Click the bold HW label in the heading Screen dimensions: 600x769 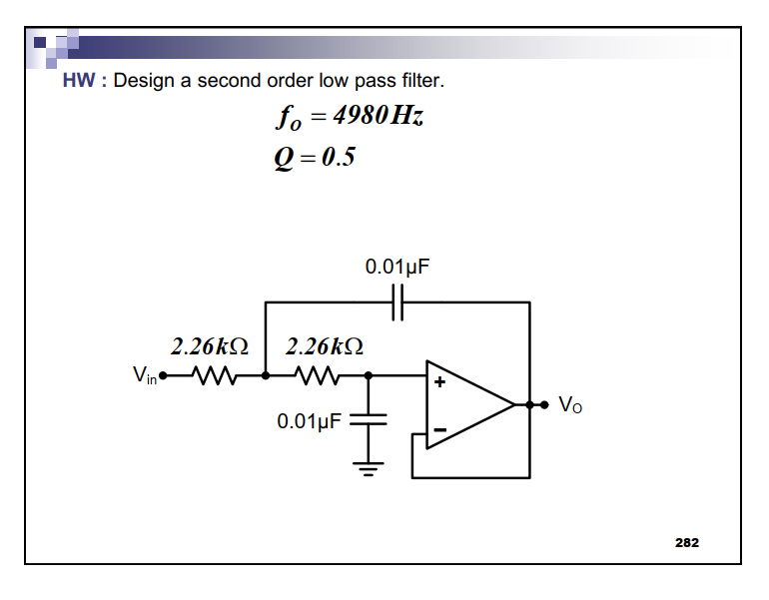[x=78, y=81]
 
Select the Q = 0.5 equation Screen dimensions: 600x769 [x=315, y=158]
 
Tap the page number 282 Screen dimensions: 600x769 [x=687, y=542]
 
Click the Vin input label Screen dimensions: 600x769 [x=145, y=376]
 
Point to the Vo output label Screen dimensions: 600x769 [x=569, y=404]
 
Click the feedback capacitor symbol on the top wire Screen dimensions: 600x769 [x=396, y=300]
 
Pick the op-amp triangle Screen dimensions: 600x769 [x=467, y=404]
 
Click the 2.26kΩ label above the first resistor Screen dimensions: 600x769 [x=209, y=346]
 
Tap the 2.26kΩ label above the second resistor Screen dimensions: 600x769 [x=324, y=346]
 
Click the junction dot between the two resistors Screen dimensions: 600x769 [x=266, y=376]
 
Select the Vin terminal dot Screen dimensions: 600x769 [x=164, y=376]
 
